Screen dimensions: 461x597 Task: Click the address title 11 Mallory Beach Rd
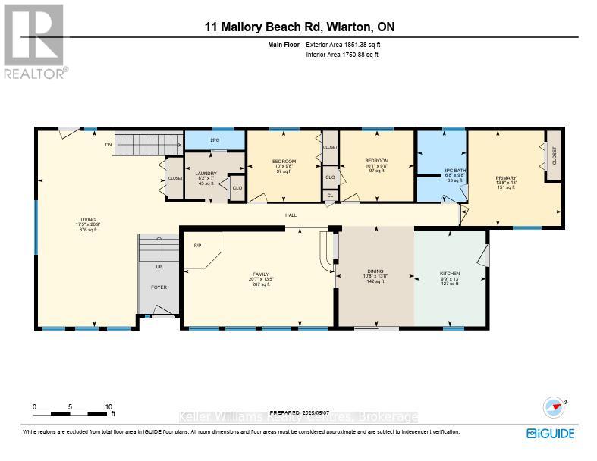[x=299, y=27]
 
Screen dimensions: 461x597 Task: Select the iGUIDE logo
[x=550, y=434]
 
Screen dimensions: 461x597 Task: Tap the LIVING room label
[x=86, y=219]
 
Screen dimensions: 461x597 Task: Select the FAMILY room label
[x=261, y=274]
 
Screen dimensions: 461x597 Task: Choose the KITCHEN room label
[x=450, y=274]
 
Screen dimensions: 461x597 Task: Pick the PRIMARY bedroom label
[x=506, y=178]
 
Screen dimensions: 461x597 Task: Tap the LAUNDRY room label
[x=206, y=174]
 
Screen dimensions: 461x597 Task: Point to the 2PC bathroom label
[x=215, y=140]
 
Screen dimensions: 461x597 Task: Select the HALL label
[x=291, y=215]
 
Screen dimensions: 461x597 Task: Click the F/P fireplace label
[x=197, y=245]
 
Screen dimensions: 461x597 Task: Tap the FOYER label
[x=158, y=287]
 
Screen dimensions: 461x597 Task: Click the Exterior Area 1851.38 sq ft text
[x=341, y=45]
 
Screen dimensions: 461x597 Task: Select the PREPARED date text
[x=299, y=412]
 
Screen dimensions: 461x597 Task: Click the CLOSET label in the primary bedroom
[x=554, y=156]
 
